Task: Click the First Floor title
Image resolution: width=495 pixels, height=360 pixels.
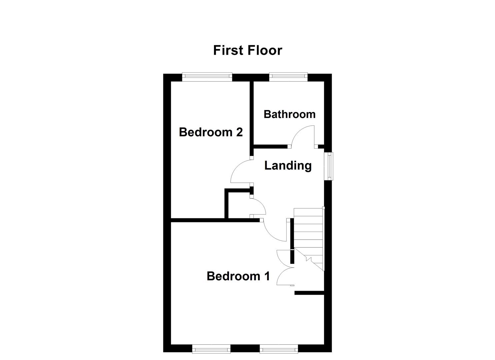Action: point(247,50)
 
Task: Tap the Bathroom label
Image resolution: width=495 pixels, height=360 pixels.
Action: point(289,114)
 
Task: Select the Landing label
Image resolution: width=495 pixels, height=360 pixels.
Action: point(288,166)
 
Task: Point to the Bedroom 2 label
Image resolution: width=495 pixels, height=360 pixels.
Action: point(211,132)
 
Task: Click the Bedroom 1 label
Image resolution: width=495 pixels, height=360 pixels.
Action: point(238,276)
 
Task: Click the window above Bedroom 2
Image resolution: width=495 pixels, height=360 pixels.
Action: point(207,77)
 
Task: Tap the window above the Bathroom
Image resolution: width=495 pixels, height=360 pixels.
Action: point(288,77)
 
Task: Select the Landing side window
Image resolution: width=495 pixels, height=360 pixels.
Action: point(329,166)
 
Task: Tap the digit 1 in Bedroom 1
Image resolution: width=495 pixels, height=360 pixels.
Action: point(267,276)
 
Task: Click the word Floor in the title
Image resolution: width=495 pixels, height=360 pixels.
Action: point(265,50)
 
